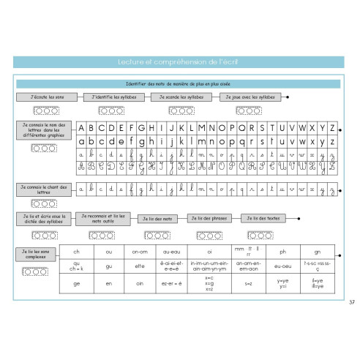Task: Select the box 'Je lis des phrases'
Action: [x=210, y=218]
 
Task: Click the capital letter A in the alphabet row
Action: [x=83, y=126]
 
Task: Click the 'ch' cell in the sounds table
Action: [x=77, y=252]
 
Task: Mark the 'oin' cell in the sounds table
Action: [x=140, y=282]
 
